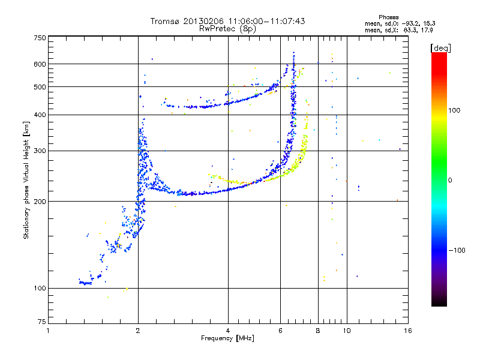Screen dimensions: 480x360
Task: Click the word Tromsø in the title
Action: (x=166, y=21)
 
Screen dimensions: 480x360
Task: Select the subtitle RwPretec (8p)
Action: (x=227, y=29)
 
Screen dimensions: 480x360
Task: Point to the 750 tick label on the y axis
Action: (x=40, y=38)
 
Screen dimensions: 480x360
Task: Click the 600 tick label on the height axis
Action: (x=40, y=64)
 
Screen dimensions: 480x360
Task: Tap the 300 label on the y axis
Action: (x=40, y=151)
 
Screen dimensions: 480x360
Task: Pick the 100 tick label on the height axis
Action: (x=40, y=288)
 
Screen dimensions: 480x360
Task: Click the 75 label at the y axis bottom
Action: (x=42, y=322)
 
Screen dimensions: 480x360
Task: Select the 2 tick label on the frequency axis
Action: (x=138, y=331)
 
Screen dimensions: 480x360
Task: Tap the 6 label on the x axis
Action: (x=280, y=331)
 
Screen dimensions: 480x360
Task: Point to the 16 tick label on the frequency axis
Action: (x=408, y=331)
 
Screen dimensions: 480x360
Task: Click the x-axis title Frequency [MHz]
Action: (x=227, y=338)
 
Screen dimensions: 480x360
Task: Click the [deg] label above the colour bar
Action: (x=440, y=48)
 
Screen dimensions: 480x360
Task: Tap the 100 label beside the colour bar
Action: (x=454, y=110)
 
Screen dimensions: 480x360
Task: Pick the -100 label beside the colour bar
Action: (x=457, y=250)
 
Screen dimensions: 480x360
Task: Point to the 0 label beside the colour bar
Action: (x=450, y=181)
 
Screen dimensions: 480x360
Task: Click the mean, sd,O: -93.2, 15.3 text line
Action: (x=400, y=23)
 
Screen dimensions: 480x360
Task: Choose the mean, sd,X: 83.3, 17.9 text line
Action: (x=398, y=31)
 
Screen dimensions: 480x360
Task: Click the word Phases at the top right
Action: (x=388, y=17)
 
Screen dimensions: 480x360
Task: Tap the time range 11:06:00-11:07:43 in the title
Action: (x=266, y=21)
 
